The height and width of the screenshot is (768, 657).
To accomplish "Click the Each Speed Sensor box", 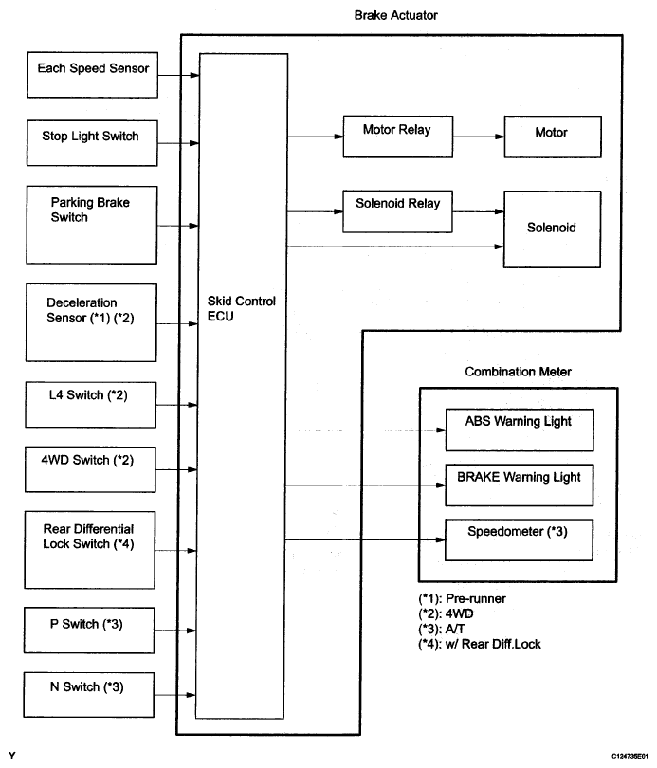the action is click(x=93, y=75).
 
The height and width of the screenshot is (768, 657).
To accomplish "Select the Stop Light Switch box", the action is click(x=92, y=143).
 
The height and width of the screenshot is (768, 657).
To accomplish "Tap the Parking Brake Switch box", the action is click(x=92, y=225).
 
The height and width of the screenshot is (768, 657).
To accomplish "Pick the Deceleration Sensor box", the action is click(x=91, y=322).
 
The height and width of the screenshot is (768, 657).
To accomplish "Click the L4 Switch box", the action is click(x=91, y=405).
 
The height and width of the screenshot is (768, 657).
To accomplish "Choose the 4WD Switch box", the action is click(x=90, y=469).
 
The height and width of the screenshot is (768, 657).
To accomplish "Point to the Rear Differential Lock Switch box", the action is click(x=89, y=550).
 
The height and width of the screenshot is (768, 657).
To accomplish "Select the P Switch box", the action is click(x=89, y=631).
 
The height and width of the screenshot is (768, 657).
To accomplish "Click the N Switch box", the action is click(x=88, y=695).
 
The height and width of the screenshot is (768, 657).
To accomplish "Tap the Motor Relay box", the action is click(x=398, y=137).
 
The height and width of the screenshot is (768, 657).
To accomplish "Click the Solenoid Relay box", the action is click(x=397, y=211).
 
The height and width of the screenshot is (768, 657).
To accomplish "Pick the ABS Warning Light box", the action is click(x=520, y=430).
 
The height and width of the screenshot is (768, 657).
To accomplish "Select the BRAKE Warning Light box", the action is click(x=519, y=485).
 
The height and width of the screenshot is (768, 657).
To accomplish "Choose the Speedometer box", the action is click(x=519, y=539).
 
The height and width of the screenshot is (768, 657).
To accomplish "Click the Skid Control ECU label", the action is click(x=242, y=308).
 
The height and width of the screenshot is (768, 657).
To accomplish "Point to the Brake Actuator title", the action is click(x=395, y=16).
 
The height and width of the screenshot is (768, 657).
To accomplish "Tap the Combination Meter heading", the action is click(x=518, y=372).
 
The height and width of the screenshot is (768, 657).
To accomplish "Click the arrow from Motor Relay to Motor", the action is click(x=479, y=137).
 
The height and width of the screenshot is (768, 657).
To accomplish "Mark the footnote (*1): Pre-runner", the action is click(x=462, y=598).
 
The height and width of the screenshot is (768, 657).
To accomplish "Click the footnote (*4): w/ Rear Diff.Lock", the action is click(x=480, y=644).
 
